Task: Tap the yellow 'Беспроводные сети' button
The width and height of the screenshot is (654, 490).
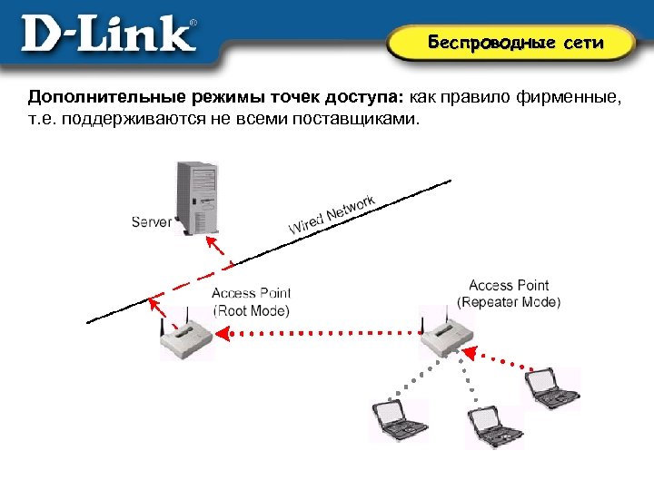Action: [515, 43]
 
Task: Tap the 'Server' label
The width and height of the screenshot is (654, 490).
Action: [151, 221]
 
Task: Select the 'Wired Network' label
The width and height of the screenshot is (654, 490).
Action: [332, 214]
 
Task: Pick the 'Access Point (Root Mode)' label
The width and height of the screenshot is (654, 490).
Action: [252, 301]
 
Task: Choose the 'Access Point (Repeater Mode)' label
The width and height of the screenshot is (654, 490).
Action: [509, 293]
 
